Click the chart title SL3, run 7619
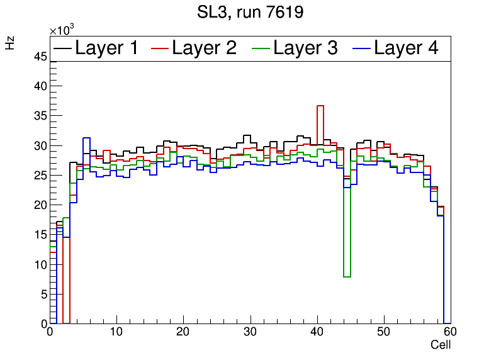250,13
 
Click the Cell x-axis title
441,345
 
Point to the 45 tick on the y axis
40,57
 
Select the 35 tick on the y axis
40,116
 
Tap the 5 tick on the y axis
43,294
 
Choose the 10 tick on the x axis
116,332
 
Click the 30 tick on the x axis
250,332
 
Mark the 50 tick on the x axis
384,332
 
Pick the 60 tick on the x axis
450,332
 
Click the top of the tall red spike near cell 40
320,106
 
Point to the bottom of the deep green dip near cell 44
347,276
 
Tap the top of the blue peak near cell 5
86,138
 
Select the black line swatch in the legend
62,48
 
